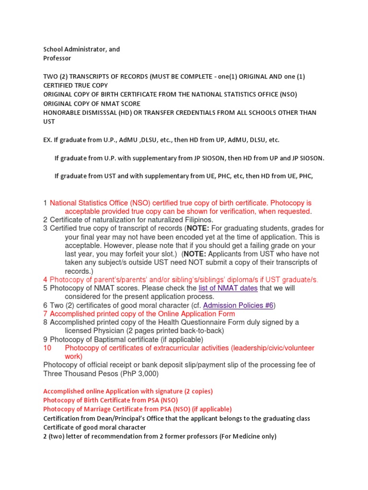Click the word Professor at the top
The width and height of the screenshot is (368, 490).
57,58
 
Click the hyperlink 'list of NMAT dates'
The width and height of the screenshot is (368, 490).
228,288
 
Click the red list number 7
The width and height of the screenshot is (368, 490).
45,314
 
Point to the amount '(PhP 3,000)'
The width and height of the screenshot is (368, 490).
138,374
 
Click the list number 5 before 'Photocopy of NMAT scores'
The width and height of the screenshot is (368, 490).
45,288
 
